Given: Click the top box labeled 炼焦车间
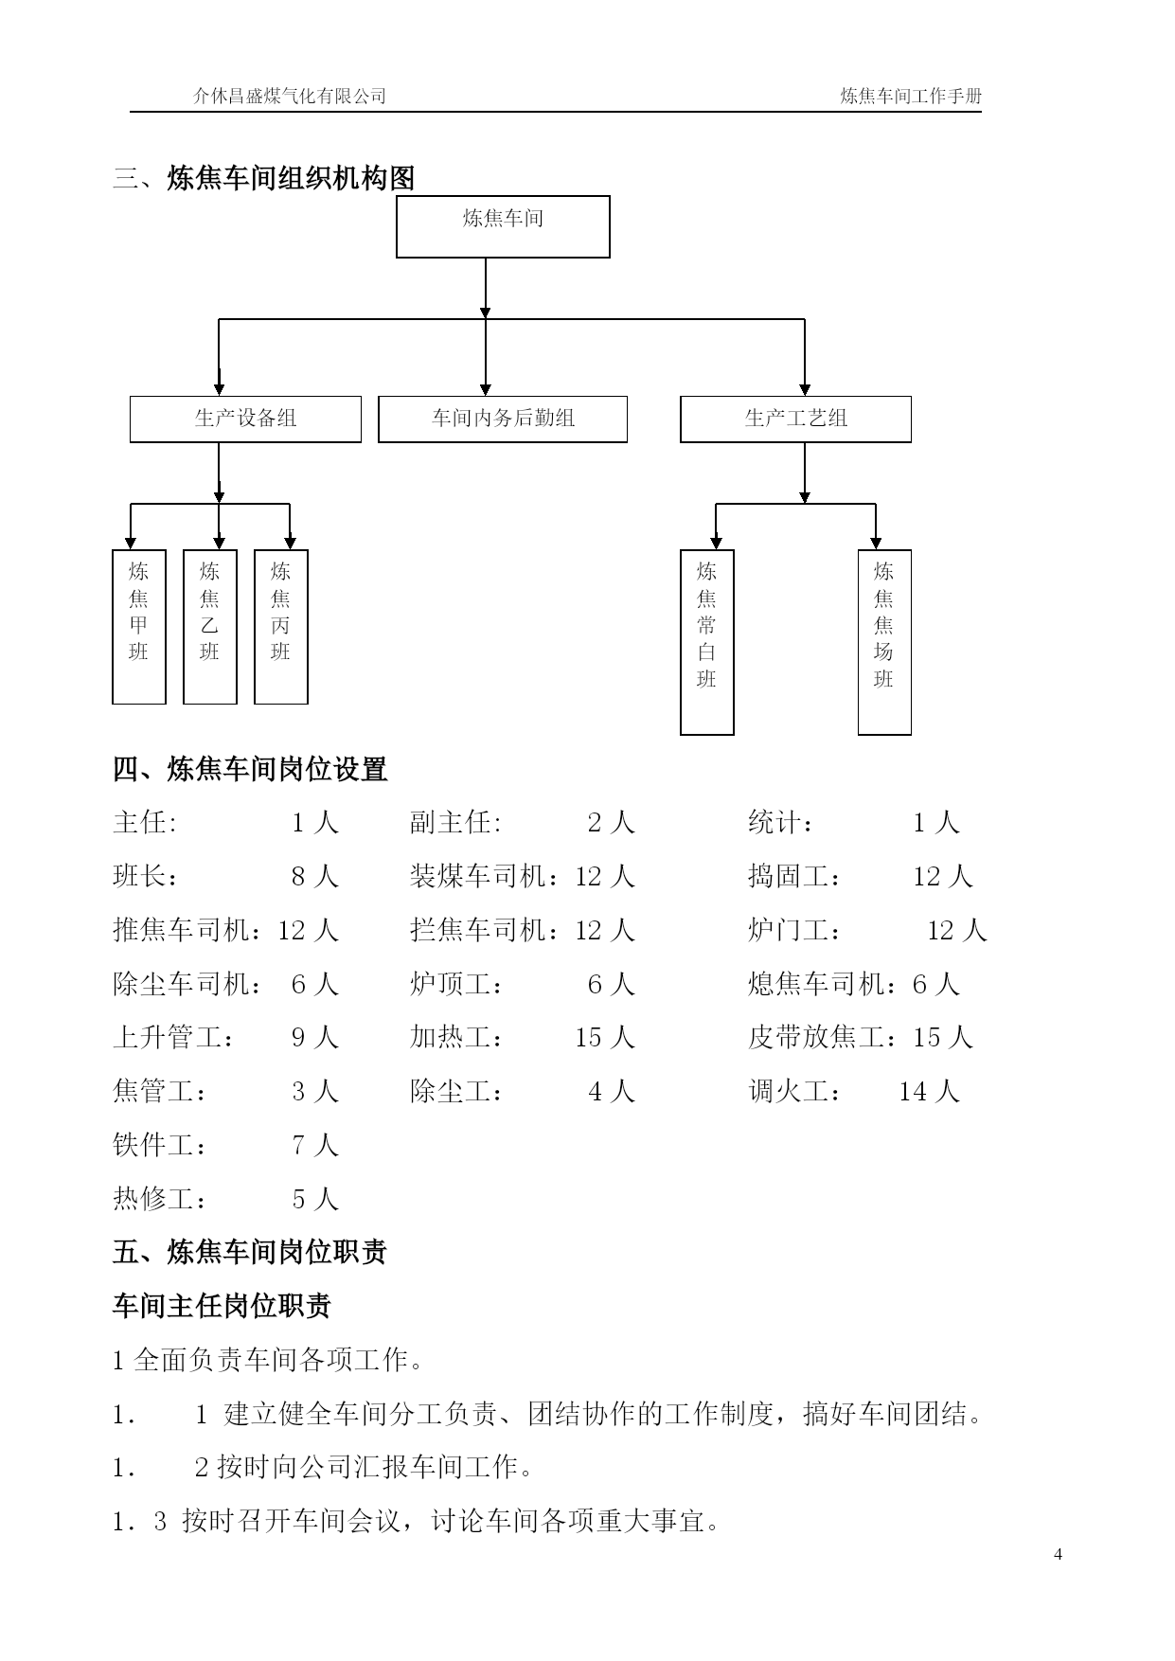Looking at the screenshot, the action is coord(503,226).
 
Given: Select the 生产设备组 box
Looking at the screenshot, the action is coord(245,419).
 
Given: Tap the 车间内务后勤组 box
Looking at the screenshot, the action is coord(503,419).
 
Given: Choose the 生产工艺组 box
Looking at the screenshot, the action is coord(795,419).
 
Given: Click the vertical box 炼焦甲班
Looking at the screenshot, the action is coord(139,627).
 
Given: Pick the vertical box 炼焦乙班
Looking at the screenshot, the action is coord(210,627).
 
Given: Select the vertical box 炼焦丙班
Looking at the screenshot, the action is coord(281,627).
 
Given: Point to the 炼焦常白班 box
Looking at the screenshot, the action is coord(707,642).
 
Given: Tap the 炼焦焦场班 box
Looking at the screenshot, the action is coord(884,642).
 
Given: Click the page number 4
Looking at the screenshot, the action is coord(1058,1554).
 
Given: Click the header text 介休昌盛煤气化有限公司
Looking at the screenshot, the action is coord(290,96).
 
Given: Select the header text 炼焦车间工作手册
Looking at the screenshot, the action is coord(911,96).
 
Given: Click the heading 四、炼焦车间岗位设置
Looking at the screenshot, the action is coord(250,769).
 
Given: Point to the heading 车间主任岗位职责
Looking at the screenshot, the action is coord(222,1306).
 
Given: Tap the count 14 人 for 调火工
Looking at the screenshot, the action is coord(929,1092).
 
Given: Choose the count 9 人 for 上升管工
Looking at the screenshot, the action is coord(314,1038).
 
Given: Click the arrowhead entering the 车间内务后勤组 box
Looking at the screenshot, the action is coord(486,389).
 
